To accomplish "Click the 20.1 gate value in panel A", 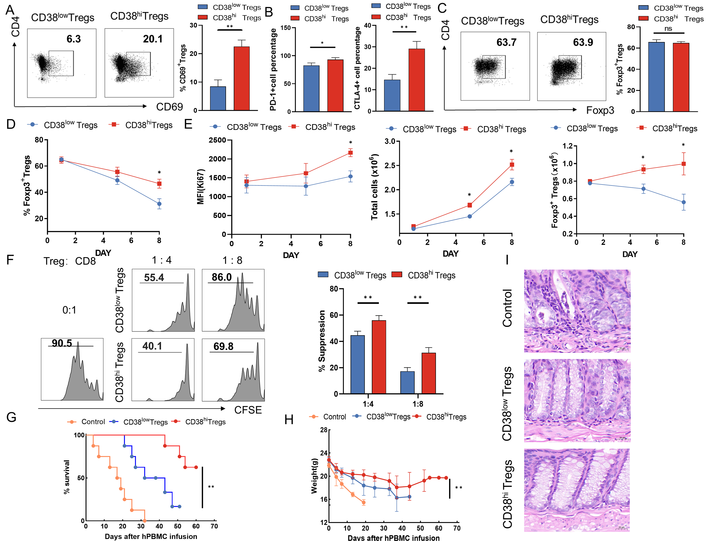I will tap(152, 39).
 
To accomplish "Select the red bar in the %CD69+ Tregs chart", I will tap(242, 78).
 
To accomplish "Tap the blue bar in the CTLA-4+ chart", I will tap(392, 95).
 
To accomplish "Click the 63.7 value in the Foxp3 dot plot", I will tap(506, 42).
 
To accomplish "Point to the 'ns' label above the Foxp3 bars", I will tap(668, 29).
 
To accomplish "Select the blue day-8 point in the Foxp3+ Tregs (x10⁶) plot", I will tap(683, 202).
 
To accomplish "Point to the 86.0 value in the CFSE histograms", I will tap(222, 277).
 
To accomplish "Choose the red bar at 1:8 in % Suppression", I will tap(429, 373).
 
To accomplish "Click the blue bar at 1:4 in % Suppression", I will tap(357, 364).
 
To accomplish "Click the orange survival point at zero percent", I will tap(145, 521).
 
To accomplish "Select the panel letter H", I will tap(289, 420).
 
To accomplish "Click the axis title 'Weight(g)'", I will tap(314, 476).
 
